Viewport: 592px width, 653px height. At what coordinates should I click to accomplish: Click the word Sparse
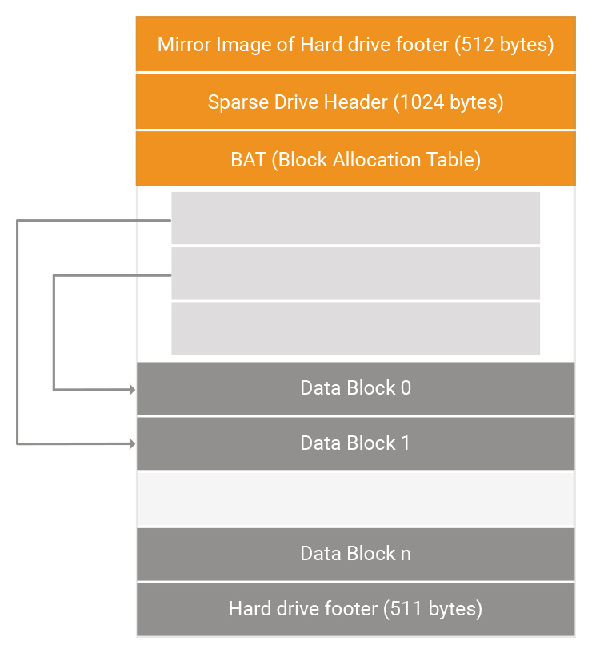pyautogui.click(x=238, y=102)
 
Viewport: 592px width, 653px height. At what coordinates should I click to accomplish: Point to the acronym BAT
pyautogui.click(x=249, y=159)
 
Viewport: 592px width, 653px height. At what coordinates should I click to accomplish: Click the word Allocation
pyautogui.click(x=377, y=159)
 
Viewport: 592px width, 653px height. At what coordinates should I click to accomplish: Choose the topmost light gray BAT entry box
pyautogui.click(x=355, y=218)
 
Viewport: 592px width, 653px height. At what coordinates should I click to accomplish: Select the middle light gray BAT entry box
pyautogui.click(x=355, y=273)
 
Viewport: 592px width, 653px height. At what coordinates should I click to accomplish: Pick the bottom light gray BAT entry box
pyautogui.click(x=355, y=329)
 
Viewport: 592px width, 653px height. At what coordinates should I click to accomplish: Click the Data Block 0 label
pyautogui.click(x=355, y=387)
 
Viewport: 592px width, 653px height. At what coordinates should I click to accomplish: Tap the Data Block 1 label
pyautogui.click(x=355, y=443)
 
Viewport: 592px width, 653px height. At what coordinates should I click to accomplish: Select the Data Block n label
pyautogui.click(x=355, y=554)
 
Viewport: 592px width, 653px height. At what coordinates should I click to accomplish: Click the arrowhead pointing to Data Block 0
pyautogui.click(x=132, y=390)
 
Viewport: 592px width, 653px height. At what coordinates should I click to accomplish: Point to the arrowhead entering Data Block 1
pyautogui.click(x=132, y=443)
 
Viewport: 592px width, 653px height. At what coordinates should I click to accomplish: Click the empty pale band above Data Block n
pyautogui.click(x=355, y=499)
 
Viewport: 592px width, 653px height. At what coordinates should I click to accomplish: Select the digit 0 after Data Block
pyautogui.click(x=406, y=387)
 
